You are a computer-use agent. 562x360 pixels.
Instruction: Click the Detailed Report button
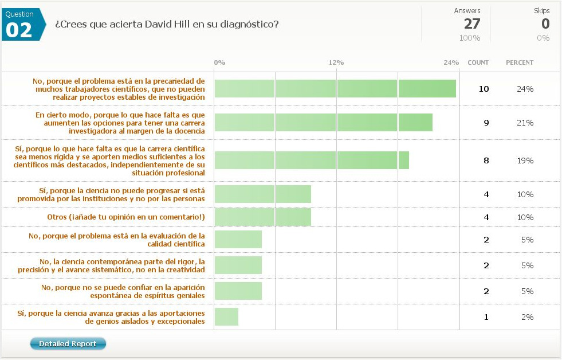68,344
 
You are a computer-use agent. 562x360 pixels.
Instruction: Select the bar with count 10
335,89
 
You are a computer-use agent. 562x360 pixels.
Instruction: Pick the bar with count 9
323,123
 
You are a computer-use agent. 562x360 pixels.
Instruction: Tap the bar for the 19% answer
312,161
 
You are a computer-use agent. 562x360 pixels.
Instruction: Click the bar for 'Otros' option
262,217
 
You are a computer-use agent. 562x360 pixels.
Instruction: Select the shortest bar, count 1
226,317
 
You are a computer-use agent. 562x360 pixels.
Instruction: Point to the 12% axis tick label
336,62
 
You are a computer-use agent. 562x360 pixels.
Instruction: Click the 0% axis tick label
219,62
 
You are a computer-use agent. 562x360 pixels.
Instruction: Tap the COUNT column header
478,62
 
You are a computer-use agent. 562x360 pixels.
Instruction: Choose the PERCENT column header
519,62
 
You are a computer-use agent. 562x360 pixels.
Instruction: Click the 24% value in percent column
525,89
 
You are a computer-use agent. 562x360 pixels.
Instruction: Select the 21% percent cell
525,123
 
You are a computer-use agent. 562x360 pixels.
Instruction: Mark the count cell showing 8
486,161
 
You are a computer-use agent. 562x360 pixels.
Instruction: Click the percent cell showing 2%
527,317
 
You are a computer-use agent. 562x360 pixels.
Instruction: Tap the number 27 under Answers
472,24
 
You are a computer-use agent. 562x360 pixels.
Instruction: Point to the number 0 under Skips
545,24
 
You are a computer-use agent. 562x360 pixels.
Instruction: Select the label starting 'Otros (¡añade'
126,217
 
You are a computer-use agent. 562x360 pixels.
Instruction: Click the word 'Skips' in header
541,11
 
